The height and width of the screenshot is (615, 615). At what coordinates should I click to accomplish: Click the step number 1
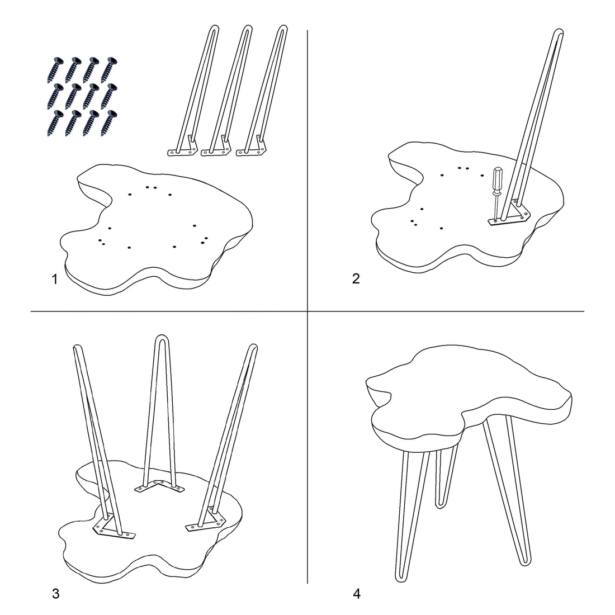click(55, 280)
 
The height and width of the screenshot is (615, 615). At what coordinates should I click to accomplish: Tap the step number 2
click(356, 278)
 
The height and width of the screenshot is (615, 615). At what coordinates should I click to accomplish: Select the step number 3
click(56, 593)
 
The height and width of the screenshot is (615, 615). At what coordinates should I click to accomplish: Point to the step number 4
click(357, 594)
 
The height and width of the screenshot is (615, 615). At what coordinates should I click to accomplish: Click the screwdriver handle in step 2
click(497, 179)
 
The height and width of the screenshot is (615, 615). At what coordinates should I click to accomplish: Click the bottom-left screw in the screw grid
click(55, 123)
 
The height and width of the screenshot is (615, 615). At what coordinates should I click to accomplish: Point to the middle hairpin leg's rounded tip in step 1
click(247, 29)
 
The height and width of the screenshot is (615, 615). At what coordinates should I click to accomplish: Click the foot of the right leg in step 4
click(525, 561)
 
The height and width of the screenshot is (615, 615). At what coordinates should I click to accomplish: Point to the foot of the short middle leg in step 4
click(441, 505)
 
